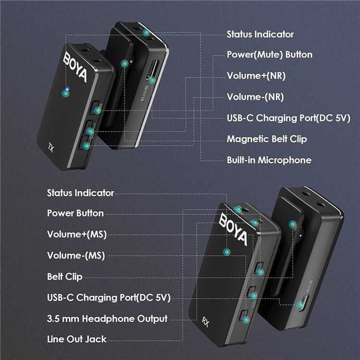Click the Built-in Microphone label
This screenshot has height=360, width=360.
[x=269, y=160]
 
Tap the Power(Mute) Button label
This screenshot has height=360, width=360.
[x=270, y=55]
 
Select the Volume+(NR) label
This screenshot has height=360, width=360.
[x=256, y=76]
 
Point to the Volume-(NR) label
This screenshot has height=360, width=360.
[x=255, y=97]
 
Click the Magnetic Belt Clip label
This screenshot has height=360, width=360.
[x=267, y=139]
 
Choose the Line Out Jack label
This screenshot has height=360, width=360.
[x=77, y=339]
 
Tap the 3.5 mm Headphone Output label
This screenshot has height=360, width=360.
[x=107, y=319]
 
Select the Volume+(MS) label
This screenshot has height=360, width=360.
[x=77, y=234]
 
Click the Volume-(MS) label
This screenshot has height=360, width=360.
[x=76, y=255]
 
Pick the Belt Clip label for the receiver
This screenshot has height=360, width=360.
[x=64, y=276]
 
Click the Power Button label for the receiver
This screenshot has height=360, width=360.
[x=75, y=213]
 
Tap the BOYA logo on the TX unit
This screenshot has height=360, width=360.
[x=75, y=67]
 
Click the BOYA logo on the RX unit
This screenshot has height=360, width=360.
[x=233, y=229]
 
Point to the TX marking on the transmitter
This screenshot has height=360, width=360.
[x=51, y=147]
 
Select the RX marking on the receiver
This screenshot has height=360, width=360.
[x=206, y=322]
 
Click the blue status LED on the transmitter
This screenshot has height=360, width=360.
[x=67, y=89]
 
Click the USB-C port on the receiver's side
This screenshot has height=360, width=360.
[x=303, y=303]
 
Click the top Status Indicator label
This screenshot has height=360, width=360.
[x=260, y=35]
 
